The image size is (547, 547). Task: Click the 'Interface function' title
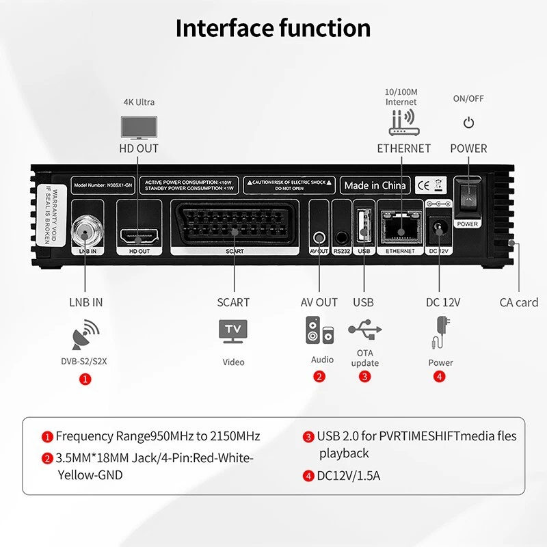(x=273, y=29)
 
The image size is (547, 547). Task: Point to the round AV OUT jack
(x=319, y=237)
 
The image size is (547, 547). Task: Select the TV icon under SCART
(x=233, y=331)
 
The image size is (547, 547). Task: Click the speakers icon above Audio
(x=319, y=330)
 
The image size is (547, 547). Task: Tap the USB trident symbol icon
(x=364, y=330)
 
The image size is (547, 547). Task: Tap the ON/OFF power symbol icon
(x=468, y=123)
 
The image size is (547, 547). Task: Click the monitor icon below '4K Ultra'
(x=139, y=126)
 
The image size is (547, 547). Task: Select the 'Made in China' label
(x=375, y=185)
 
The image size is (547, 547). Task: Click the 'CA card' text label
(x=518, y=302)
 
